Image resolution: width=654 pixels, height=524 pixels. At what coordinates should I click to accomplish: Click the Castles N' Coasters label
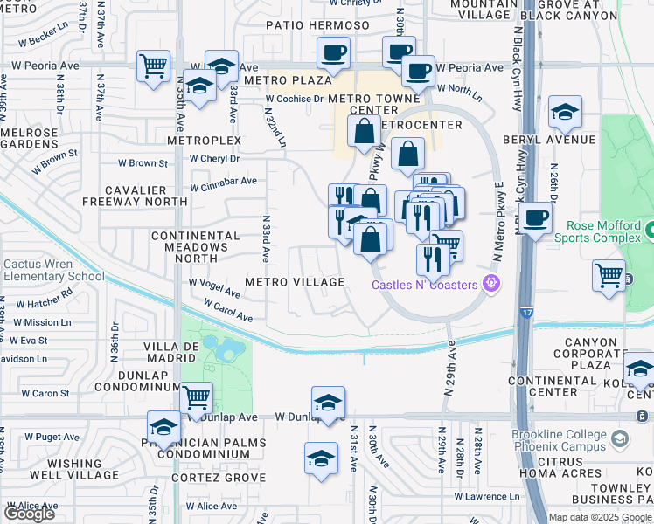[x=425, y=285]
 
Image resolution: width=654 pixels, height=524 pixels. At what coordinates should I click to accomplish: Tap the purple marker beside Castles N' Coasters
[x=491, y=283]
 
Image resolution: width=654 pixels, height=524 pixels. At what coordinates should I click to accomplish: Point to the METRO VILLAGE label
[x=295, y=282]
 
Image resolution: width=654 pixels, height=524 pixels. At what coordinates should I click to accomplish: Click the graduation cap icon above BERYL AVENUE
[x=565, y=112]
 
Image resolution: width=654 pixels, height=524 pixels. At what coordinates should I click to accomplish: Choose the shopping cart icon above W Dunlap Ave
[x=196, y=397]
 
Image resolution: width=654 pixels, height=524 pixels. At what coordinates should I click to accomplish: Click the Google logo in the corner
[x=29, y=514]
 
